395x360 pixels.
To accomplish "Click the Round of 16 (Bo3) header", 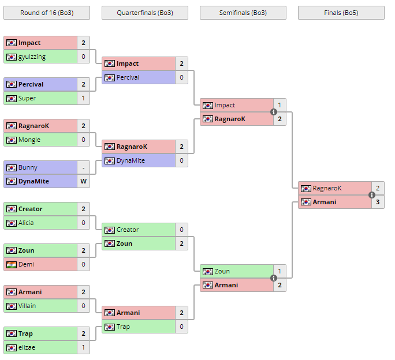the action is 46,13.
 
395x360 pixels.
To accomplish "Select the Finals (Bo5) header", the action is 341,13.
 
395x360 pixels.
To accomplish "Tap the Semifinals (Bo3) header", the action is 243,13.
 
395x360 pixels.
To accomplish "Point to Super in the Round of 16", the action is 27,98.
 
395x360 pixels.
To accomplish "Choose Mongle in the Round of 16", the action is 29,140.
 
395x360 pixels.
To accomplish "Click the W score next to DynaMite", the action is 83,181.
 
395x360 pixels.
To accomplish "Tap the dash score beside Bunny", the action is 83,167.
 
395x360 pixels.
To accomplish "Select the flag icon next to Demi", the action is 12,264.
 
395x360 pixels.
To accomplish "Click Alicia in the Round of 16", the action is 26,223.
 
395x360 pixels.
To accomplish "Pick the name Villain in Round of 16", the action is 27,306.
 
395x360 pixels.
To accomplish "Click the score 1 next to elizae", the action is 83,347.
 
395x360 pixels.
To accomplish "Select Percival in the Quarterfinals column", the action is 128,77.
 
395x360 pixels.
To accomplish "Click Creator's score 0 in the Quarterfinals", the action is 181,230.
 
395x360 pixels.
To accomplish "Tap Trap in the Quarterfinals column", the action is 123,327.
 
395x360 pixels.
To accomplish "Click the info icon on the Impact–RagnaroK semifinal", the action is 274,112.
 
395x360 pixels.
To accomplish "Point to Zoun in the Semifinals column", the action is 222,271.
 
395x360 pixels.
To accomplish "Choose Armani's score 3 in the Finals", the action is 378,202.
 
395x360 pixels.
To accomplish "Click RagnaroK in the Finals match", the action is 327,188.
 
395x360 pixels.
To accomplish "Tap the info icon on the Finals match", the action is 372,195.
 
